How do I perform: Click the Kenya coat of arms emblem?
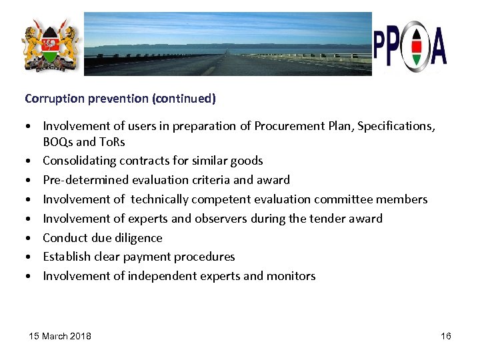[x=50, y=45]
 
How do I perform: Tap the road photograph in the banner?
[x=227, y=44]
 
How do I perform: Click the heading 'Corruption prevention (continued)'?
[x=120, y=99]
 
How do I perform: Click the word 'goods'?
[x=247, y=161]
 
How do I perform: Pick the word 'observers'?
[x=231, y=218]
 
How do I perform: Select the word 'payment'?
[x=155, y=257]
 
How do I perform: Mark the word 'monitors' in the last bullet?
[x=290, y=276]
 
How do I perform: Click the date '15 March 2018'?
[x=60, y=336]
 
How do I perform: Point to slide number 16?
[x=446, y=336]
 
